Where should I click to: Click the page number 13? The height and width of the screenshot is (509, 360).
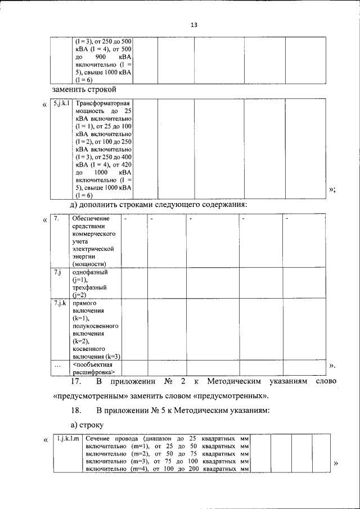coord(194,25)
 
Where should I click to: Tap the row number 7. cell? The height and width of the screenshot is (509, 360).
coord(57,218)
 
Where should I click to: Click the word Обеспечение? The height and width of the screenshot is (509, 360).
coord(91,218)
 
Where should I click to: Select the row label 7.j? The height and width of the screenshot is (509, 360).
coord(57,272)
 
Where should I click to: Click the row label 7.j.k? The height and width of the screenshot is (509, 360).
coord(60,304)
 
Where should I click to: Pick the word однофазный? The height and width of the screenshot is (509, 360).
coord(90,272)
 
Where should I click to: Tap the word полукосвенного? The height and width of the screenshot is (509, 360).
coord(95,326)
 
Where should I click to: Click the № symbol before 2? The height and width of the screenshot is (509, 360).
coord(167,381)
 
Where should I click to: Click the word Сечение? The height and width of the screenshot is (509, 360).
coord(98,438)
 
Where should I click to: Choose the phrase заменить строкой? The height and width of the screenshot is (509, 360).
coord(84,89)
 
